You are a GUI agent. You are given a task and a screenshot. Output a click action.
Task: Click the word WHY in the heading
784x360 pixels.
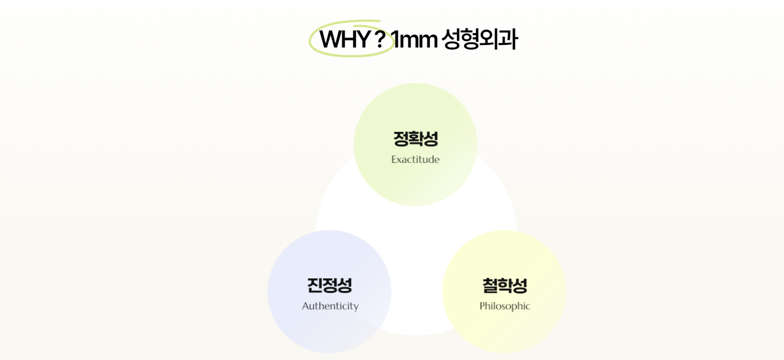[345, 39]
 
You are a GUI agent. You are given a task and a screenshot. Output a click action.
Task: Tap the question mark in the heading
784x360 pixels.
[380, 39]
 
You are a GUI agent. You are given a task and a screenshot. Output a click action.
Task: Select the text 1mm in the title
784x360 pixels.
[414, 39]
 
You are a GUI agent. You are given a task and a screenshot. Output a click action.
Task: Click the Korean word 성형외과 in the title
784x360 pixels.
[479, 39]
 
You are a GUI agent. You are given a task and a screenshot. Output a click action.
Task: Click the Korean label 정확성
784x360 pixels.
[415, 139]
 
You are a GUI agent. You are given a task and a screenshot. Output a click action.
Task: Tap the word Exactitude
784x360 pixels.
[415, 160]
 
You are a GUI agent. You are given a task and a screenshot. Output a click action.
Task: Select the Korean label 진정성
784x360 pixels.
[330, 286]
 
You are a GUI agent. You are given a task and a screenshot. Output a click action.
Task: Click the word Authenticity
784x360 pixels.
[330, 306]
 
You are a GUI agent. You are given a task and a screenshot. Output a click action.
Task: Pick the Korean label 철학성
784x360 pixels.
[505, 286]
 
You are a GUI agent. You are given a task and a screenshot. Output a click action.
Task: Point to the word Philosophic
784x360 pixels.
[505, 306]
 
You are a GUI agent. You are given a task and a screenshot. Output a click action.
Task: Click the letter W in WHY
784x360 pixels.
[331, 39]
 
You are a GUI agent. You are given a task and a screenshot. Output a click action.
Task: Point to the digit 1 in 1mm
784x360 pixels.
[394, 39]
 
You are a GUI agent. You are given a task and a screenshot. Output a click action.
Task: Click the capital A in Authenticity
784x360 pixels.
[306, 306]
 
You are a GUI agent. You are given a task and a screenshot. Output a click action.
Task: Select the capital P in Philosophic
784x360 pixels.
[482, 306]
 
